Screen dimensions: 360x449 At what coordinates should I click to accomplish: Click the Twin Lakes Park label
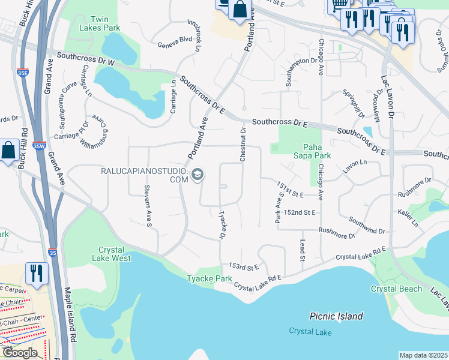[x=99, y=24]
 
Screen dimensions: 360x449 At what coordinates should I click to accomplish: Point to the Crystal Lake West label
[x=111, y=254]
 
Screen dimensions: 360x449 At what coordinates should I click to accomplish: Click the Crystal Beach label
[x=392, y=289]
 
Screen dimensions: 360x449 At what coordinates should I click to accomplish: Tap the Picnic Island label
[x=336, y=316]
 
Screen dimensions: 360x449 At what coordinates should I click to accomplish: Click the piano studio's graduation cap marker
[x=198, y=175]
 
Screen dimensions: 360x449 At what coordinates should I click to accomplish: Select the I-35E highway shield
[x=22, y=73]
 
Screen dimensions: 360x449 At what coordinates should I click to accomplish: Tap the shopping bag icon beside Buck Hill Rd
[x=9, y=151]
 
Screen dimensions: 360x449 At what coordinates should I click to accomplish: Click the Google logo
[x=20, y=353]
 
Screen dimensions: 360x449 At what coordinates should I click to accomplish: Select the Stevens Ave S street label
[x=147, y=206]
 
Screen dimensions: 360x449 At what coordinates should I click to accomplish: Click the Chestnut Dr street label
[x=243, y=144]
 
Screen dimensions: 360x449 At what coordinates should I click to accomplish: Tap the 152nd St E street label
[x=300, y=212]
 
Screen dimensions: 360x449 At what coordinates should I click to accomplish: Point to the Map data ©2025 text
[x=423, y=355]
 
